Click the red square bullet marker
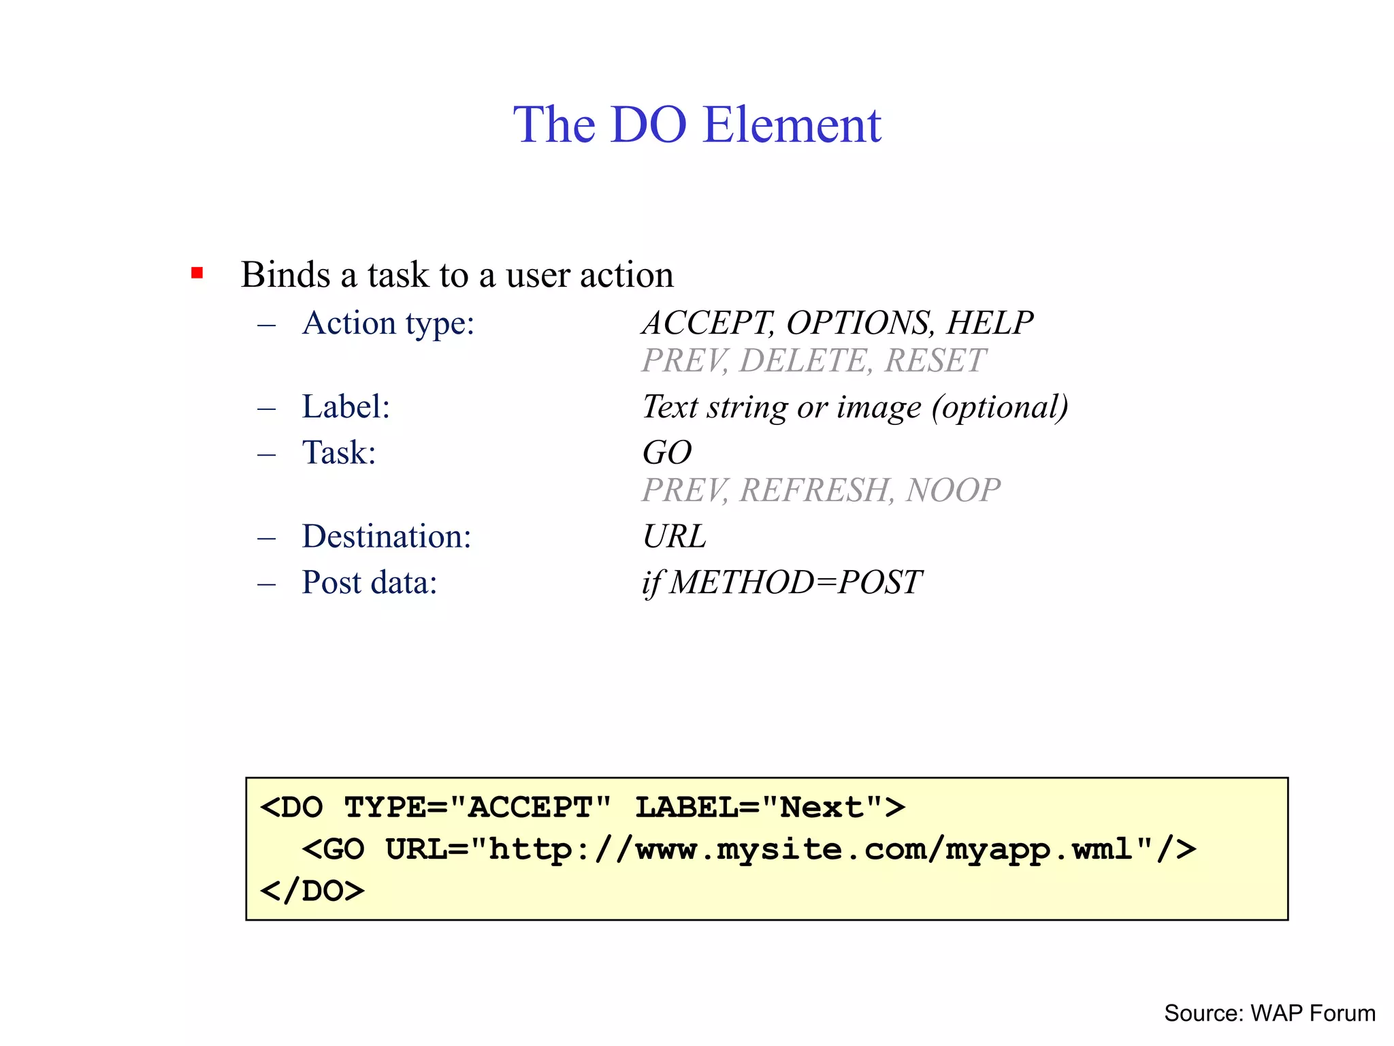click(x=197, y=274)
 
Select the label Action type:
click(x=388, y=323)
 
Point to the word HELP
click(x=990, y=323)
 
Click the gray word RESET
click(x=935, y=360)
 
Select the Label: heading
click(x=346, y=407)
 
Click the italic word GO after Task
click(x=667, y=453)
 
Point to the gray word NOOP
click(x=953, y=490)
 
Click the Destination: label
click(x=387, y=537)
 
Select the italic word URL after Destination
click(x=674, y=537)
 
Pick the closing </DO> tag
click(x=312, y=891)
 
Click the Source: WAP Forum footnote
click(x=1269, y=1013)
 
